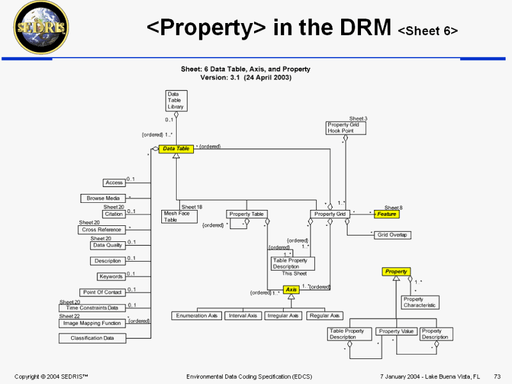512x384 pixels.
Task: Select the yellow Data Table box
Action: [176, 148]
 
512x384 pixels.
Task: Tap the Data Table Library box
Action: [176, 100]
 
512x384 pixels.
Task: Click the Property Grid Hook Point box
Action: [346, 127]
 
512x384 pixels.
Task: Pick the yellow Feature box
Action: [387, 214]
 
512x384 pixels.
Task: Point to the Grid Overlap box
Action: [393, 235]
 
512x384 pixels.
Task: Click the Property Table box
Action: [246, 214]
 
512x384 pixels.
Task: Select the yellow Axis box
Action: [291, 289]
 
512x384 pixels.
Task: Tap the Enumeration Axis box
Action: [197, 316]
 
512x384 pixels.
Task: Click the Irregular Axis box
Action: [284, 316]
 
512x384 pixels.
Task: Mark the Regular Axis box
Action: [324, 316]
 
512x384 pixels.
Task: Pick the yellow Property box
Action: [396, 271]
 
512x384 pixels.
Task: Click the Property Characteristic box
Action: [420, 302]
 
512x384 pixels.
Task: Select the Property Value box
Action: [396, 332]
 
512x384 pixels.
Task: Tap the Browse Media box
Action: [103, 198]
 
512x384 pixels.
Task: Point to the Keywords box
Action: [111, 276]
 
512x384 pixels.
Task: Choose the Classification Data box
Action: [92, 338]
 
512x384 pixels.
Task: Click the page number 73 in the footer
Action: [497, 376]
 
